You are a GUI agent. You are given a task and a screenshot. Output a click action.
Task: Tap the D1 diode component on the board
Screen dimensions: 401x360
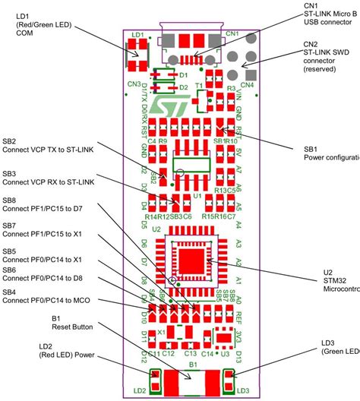[x=169, y=74]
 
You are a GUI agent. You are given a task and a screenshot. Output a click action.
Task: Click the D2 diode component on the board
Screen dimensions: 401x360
[x=169, y=87]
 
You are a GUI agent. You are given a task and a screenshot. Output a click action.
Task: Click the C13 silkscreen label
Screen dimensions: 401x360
[x=189, y=352]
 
